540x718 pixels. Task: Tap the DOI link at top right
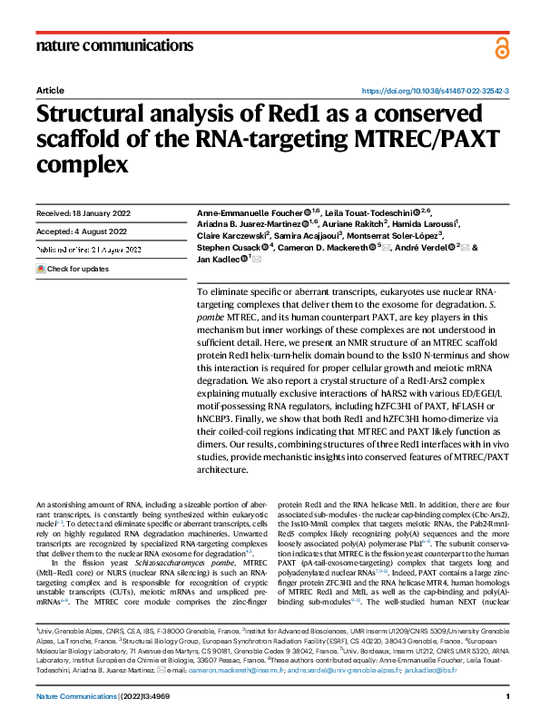(436, 92)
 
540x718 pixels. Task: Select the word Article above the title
(50, 92)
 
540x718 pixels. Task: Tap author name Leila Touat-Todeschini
(373, 212)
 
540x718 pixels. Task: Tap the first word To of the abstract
(201, 289)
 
